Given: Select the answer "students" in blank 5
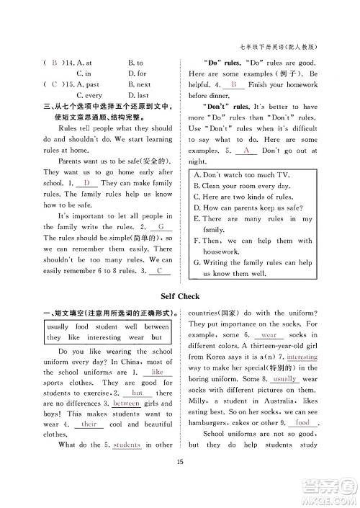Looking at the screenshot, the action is click(127, 445).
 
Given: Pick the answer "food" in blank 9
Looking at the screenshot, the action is click(302, 423).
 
